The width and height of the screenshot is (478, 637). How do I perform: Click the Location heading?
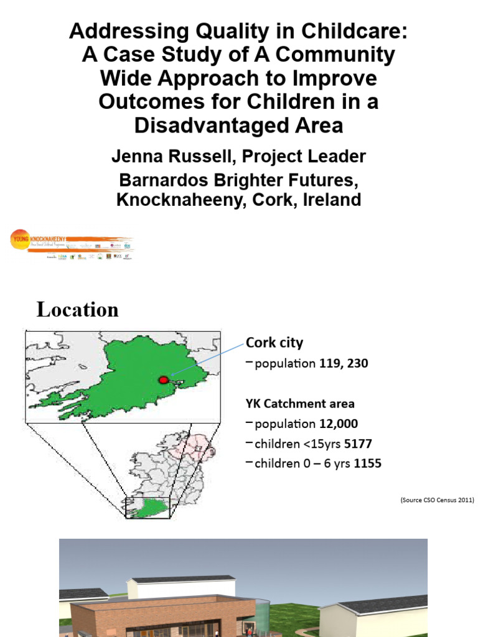click(x=77, y=309)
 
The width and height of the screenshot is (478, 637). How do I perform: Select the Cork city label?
click(x=274, y=342)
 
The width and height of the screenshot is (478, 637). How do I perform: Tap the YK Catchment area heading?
click(x=299, y=403)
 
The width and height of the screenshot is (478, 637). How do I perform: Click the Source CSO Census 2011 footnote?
click(x=437, y=500)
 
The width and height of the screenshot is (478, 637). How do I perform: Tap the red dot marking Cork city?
click(x=164, y=379)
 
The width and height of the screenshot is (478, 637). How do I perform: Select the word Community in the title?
click(x=334, y=55)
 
